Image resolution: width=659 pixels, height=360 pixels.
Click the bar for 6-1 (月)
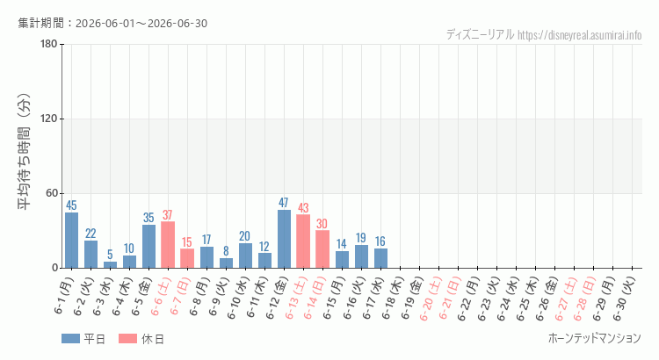click(x=71, y=241)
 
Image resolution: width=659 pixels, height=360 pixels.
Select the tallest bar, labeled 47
click(x=284, y=239)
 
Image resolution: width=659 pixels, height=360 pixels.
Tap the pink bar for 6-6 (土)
click(x=168, y=245)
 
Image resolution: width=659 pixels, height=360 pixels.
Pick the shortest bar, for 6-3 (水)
click(x=110, y=265)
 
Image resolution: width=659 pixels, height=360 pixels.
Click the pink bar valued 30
click(x=322, y=249)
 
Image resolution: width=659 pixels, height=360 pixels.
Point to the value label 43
click(x=303, y=208)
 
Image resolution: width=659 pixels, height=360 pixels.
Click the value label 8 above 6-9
click(x=226, y=251)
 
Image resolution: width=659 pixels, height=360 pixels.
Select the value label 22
click(x=91, y=234)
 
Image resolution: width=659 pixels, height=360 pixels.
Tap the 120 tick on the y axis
click(x=48, y=119)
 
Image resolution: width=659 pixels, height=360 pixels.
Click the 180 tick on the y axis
click(x=48, y=44)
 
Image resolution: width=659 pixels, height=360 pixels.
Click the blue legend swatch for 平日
click(x=70, y=339)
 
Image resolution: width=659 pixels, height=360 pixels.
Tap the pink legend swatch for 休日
click(x=127, y=339)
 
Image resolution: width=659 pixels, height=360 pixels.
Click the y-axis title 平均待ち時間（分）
click(x=24, y=152)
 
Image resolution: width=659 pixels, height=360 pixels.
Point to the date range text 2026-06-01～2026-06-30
click(x=141, y=24)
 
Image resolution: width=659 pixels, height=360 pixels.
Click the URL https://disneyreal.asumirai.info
click(x=580, y=35)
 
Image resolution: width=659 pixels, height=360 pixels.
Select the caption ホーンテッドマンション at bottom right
click(x=595, y=338)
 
